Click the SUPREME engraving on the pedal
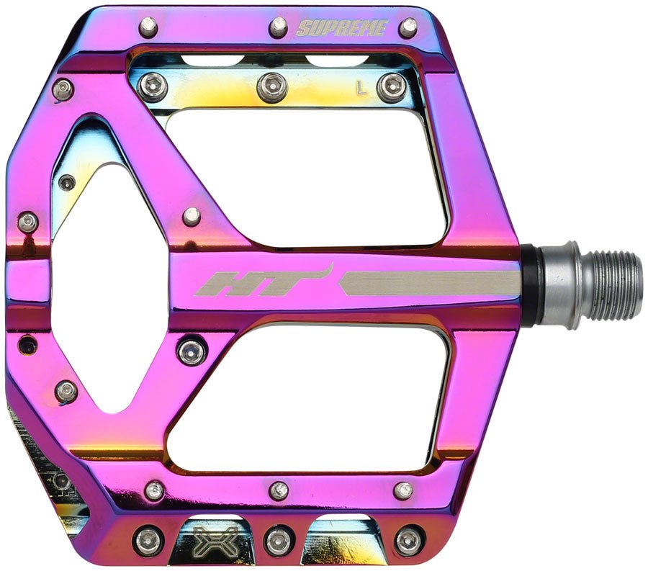click(342, 29)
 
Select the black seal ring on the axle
click(531, 284)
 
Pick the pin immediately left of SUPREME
click(279, 27)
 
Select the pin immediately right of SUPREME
click(408, 27)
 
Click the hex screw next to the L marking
click(391, 87)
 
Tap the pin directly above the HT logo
click(192, 215)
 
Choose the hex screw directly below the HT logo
click(192, 351)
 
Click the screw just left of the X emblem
click(148, 540)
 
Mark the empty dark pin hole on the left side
click(27, 345)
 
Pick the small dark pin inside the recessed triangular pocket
click(67, 182)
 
